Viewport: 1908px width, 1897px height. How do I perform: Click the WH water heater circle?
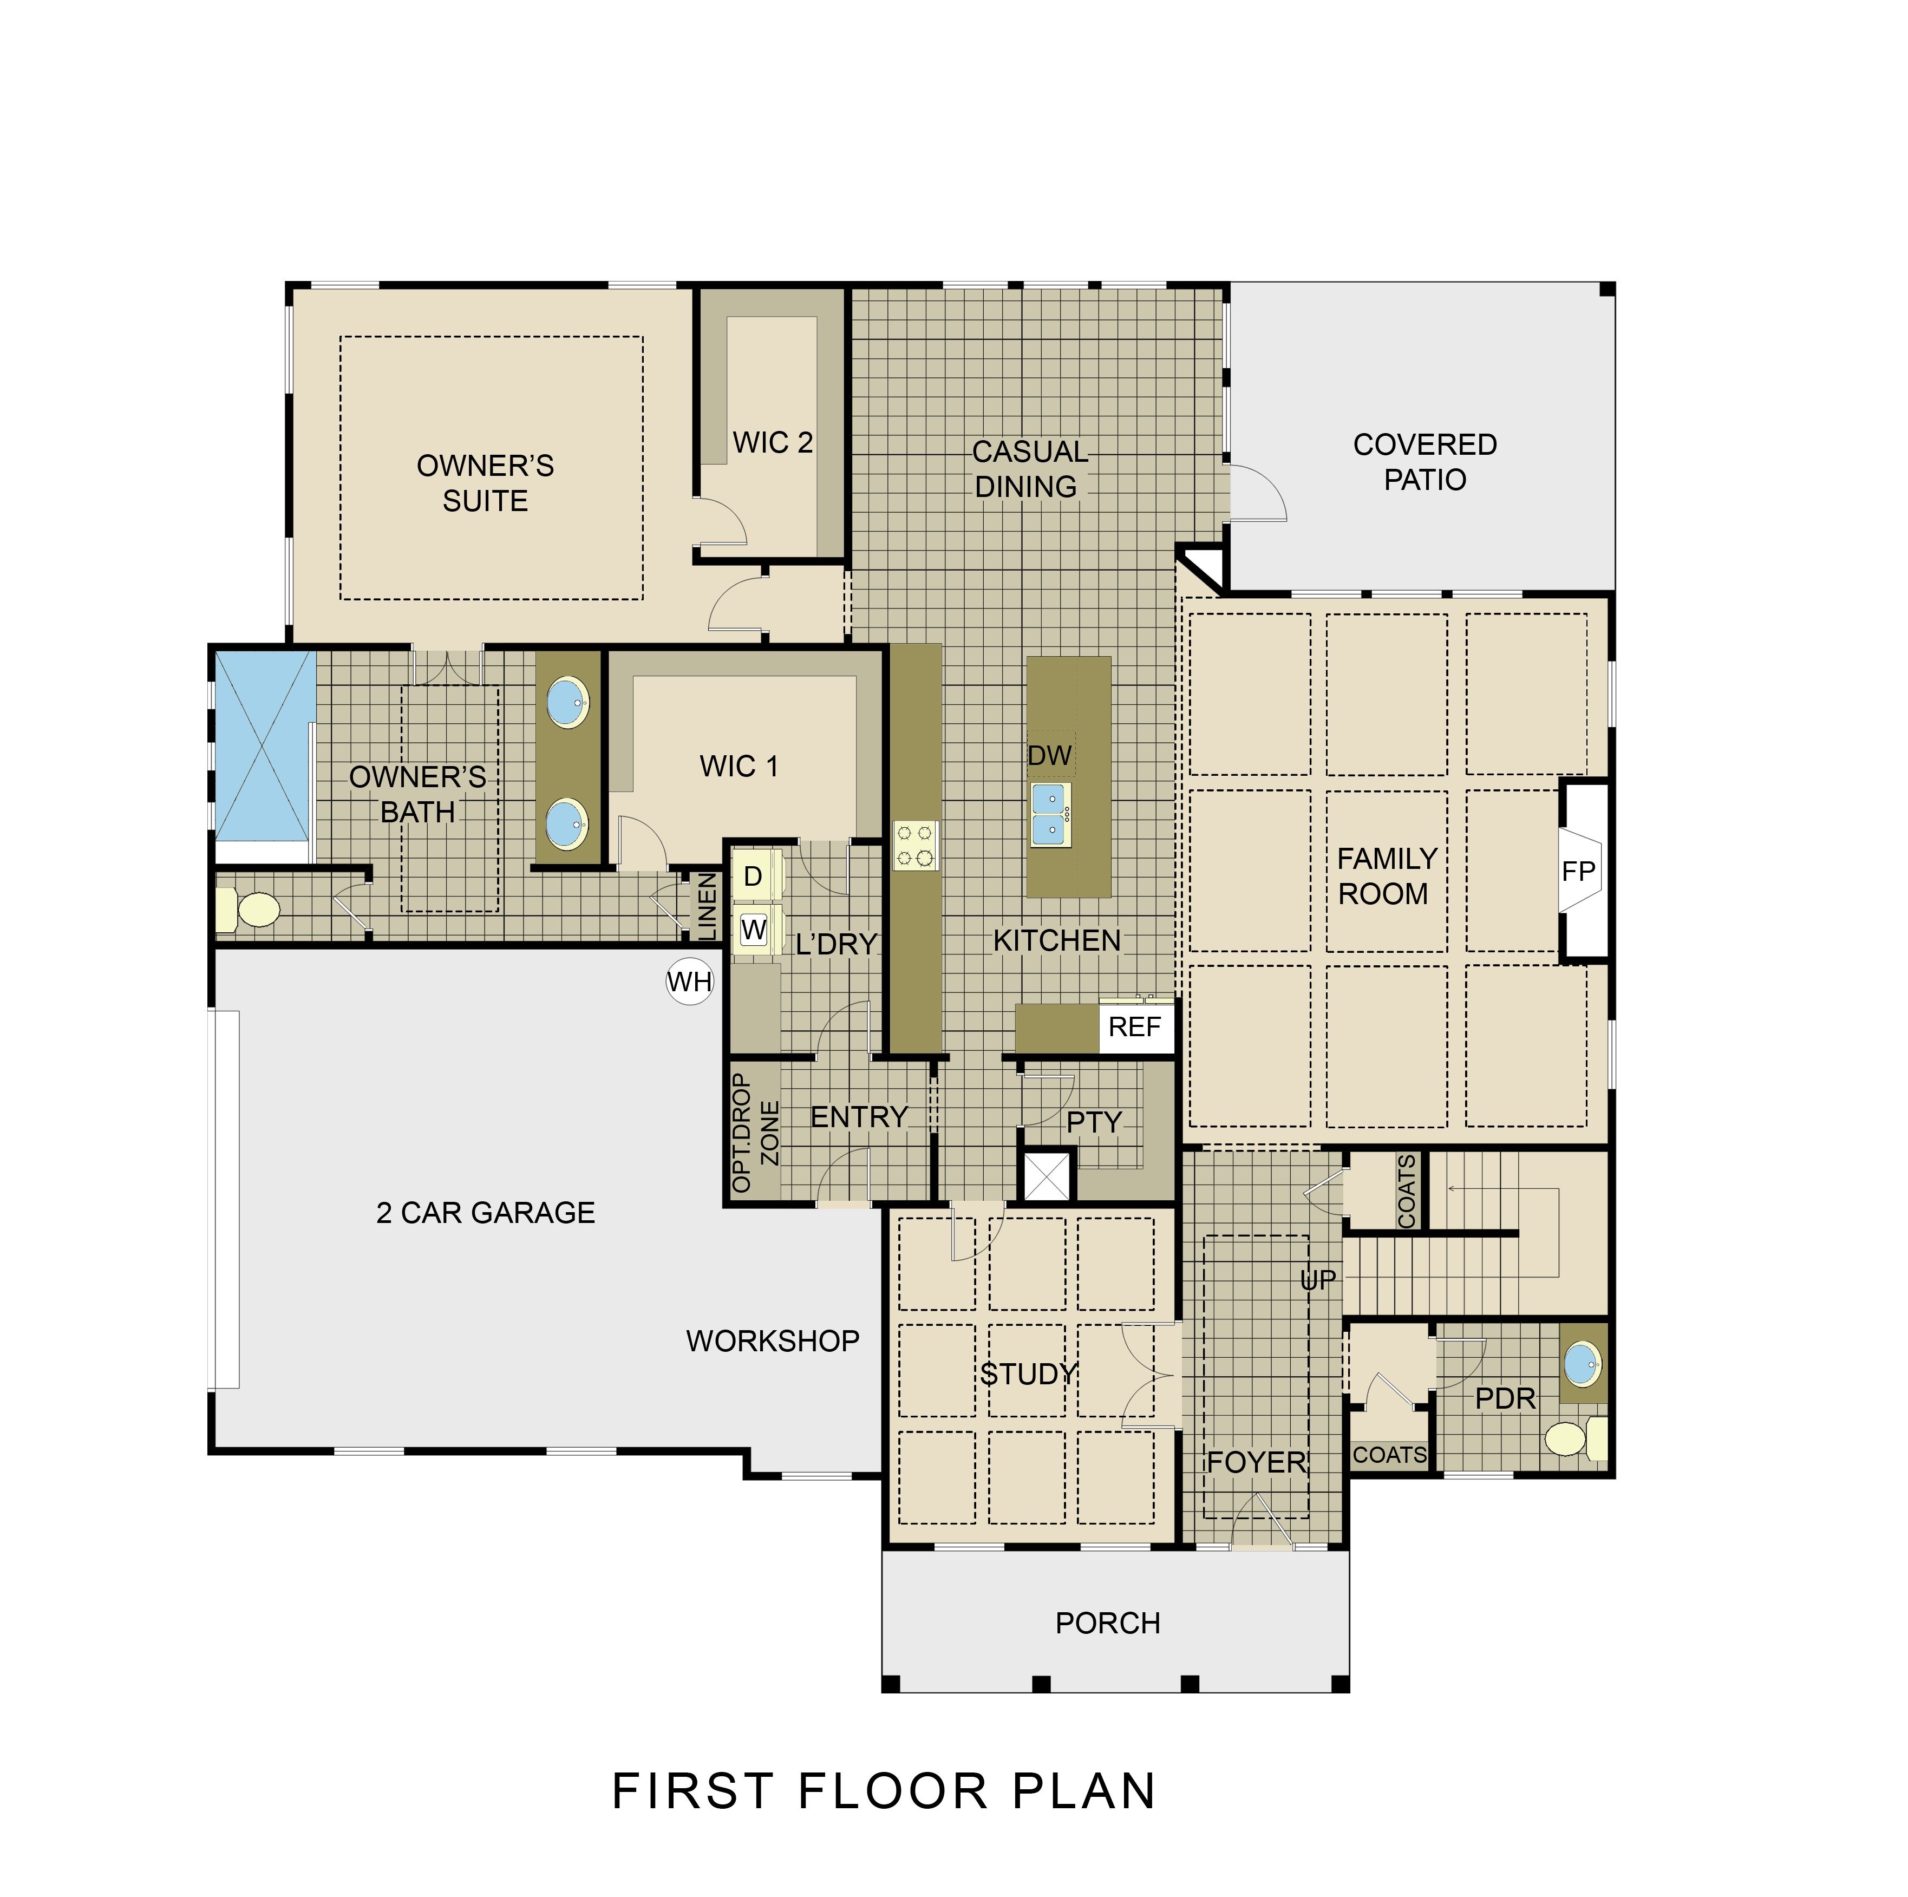point(689,982)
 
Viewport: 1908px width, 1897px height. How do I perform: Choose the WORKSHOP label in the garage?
point(772,1341)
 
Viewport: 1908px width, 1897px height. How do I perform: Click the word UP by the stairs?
point(1318,1281)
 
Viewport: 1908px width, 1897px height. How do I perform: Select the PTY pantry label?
point(1094,1123)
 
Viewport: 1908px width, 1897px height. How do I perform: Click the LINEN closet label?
point(707,906)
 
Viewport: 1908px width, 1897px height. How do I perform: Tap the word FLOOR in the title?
point(892,1790)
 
